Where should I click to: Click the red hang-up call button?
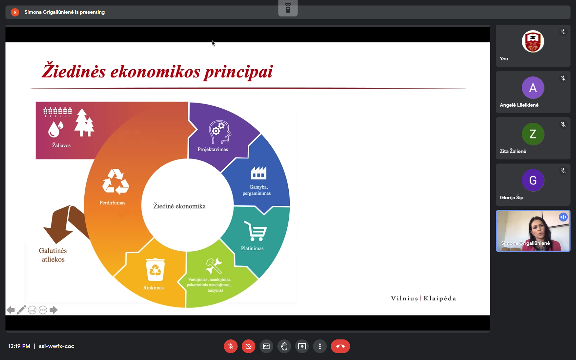(x=340, y=346)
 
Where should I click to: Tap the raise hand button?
(x=284, y=346)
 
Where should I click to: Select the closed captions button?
(x=266, y=346)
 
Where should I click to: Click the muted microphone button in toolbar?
(x=231, y=346)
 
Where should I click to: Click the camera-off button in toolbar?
(x=248, y=346)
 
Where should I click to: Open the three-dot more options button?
(x=320, y=346)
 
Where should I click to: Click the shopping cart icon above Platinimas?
(x=255, y=231)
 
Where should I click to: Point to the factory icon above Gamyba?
(x=259, y=172)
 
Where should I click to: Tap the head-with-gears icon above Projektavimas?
(x=220, y=132)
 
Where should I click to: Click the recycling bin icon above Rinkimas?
(x=155, y=269)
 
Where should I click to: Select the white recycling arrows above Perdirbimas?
(x=116, y=182)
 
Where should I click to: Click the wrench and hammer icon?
(x=214, y=266)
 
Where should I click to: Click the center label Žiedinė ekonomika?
(x=179, y=206)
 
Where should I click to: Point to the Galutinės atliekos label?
(x=53, y=255)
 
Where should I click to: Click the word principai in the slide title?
(x=238, y=72)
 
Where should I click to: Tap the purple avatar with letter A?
(x=533, y=88)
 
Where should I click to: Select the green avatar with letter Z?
(x=533, y=134)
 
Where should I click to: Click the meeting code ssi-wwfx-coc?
(x=56, y=346)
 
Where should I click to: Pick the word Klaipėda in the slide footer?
(x=440, y=298)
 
